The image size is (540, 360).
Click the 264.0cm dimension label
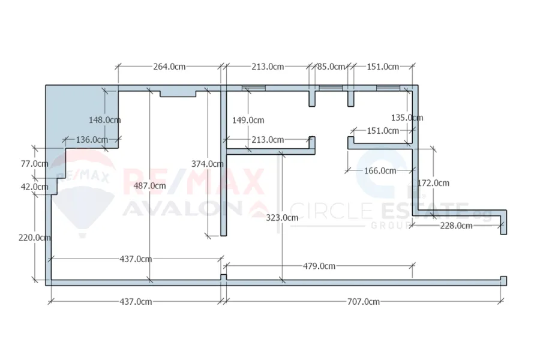pos(169,67)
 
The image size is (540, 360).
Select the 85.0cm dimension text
pos(331,67)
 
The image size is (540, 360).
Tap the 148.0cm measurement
pos(104,120)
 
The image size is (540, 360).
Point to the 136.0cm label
pos(92,140)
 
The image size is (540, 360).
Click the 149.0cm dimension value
pos(248,120)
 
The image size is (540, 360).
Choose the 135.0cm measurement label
pos(407,118)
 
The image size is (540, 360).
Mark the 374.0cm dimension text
pos(208,164)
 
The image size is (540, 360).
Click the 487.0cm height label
pos(149,186)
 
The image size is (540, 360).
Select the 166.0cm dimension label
pos(380,171)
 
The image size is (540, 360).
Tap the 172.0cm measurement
pos(433,183)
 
